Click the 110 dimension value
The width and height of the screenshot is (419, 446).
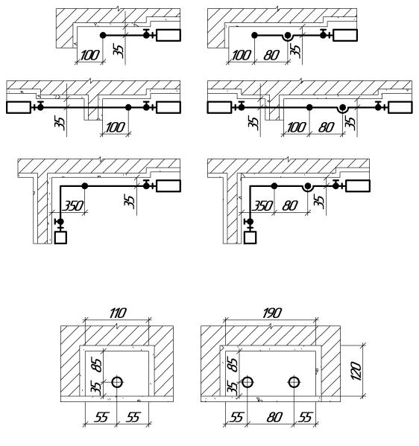click(117, 313)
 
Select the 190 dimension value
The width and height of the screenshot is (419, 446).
click(272, 313)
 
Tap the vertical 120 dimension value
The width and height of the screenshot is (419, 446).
click(356, 371)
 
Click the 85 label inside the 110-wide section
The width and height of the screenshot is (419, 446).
click(97, 365)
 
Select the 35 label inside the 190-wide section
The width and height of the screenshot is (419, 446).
click(233, 388)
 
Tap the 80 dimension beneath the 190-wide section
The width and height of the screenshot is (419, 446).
click(274, 417)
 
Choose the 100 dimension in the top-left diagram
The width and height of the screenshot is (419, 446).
click(90, 55)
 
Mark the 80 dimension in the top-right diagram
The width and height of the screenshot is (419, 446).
click(271, 55)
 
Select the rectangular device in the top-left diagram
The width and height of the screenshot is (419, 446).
click(168, 35)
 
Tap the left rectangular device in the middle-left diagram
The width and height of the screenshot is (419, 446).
click(19, 107)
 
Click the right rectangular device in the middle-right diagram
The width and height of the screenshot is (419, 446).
click(400, 107)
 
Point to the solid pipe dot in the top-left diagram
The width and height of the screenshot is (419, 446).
click(103, 35)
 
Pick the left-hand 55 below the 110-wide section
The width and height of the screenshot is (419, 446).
click(101, 417)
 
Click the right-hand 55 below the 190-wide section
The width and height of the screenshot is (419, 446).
click(305, 417)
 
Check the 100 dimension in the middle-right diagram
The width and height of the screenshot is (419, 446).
click(296, 127)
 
